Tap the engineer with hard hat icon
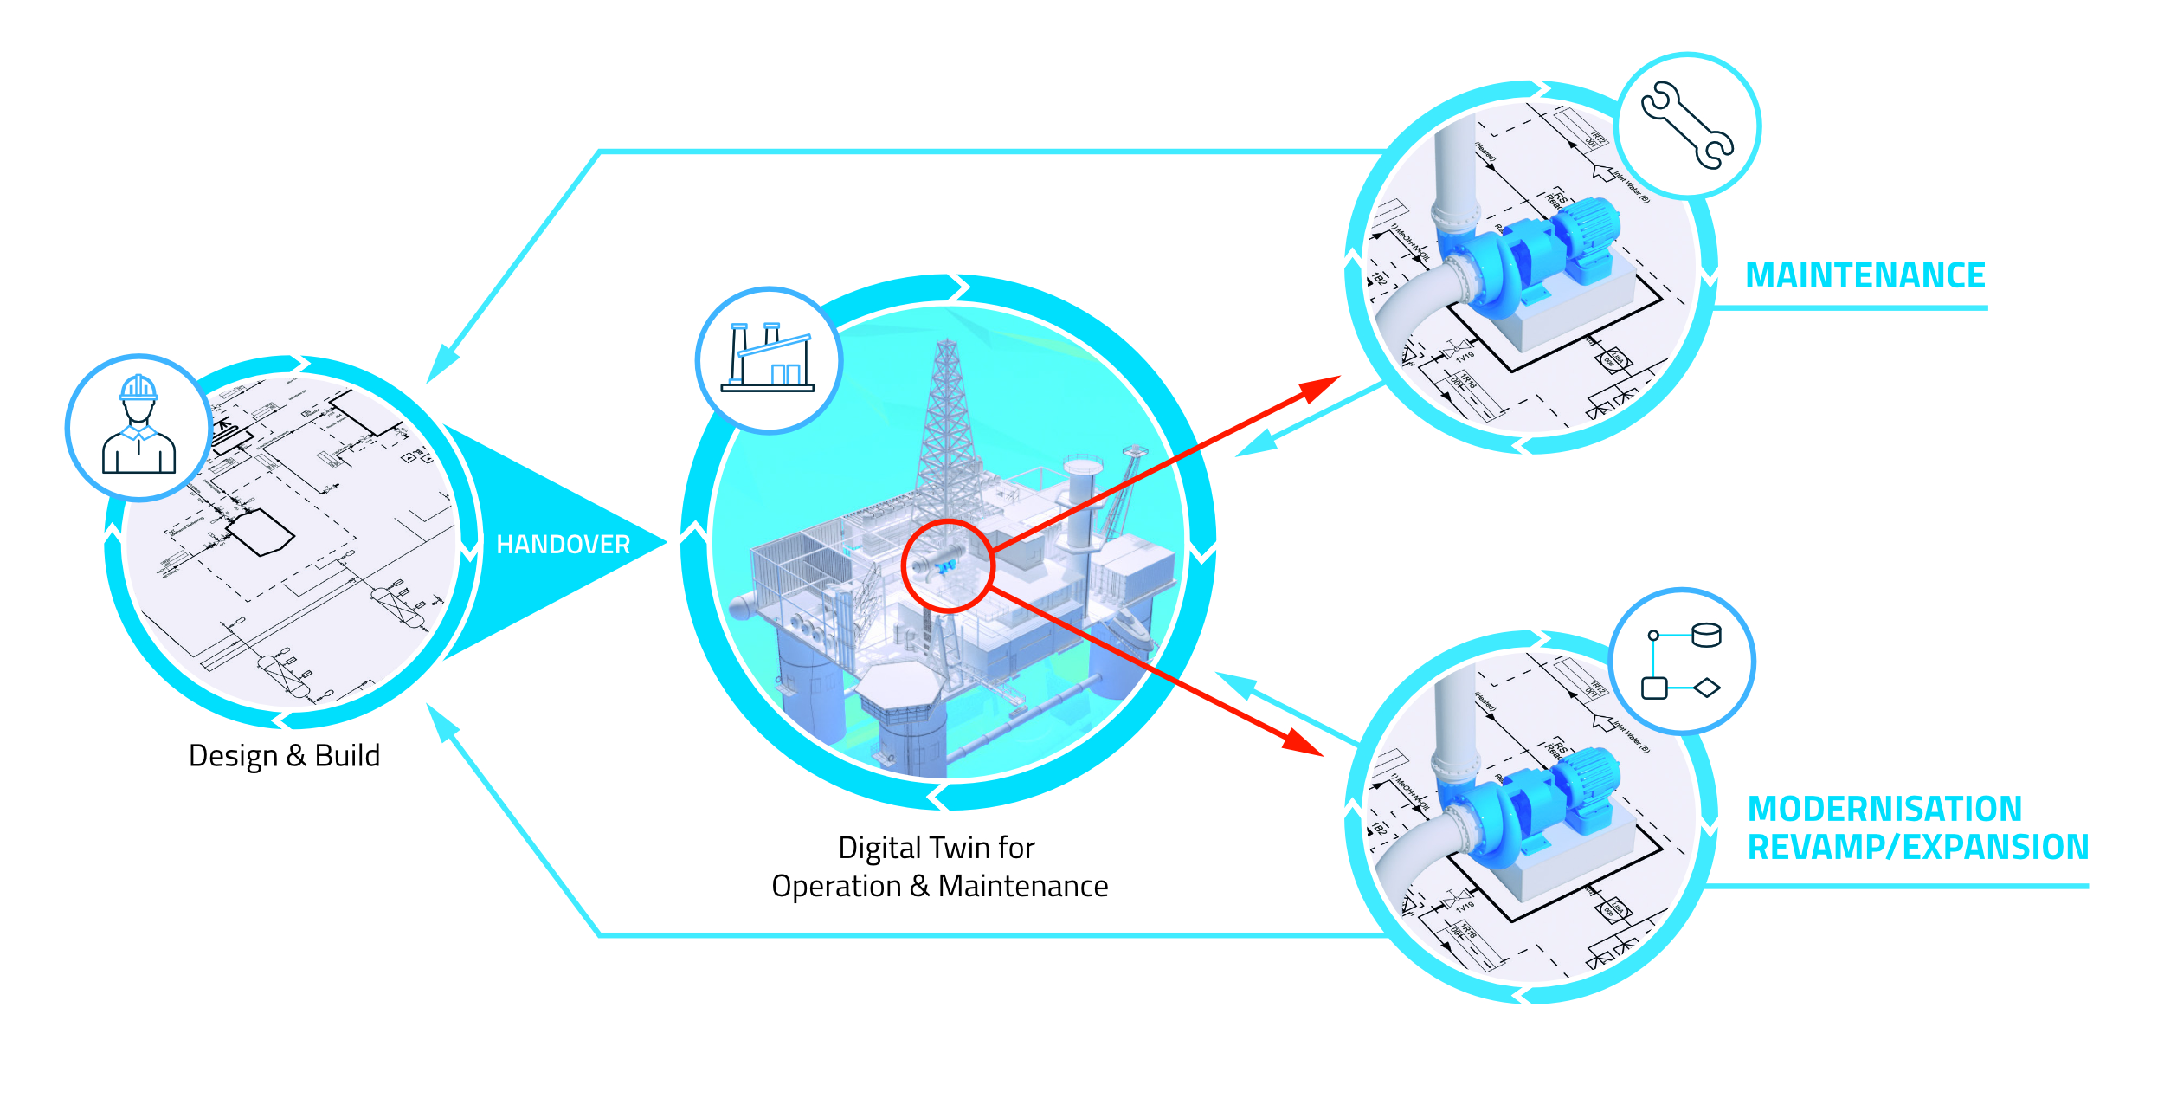[x=138, y=426]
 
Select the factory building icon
[x=768, y=359]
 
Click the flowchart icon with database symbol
[x=1681, y=661]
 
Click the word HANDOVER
[x=563, y=545]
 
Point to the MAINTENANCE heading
[x=1865, y=276]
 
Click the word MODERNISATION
[x=1884, y=809]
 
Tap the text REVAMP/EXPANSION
[x=1917, y=848]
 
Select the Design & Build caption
[x=284, y=756]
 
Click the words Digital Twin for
[x=936, y=848]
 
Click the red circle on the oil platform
[x=948, y=566]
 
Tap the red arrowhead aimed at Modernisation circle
[x=1304, y=745]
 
